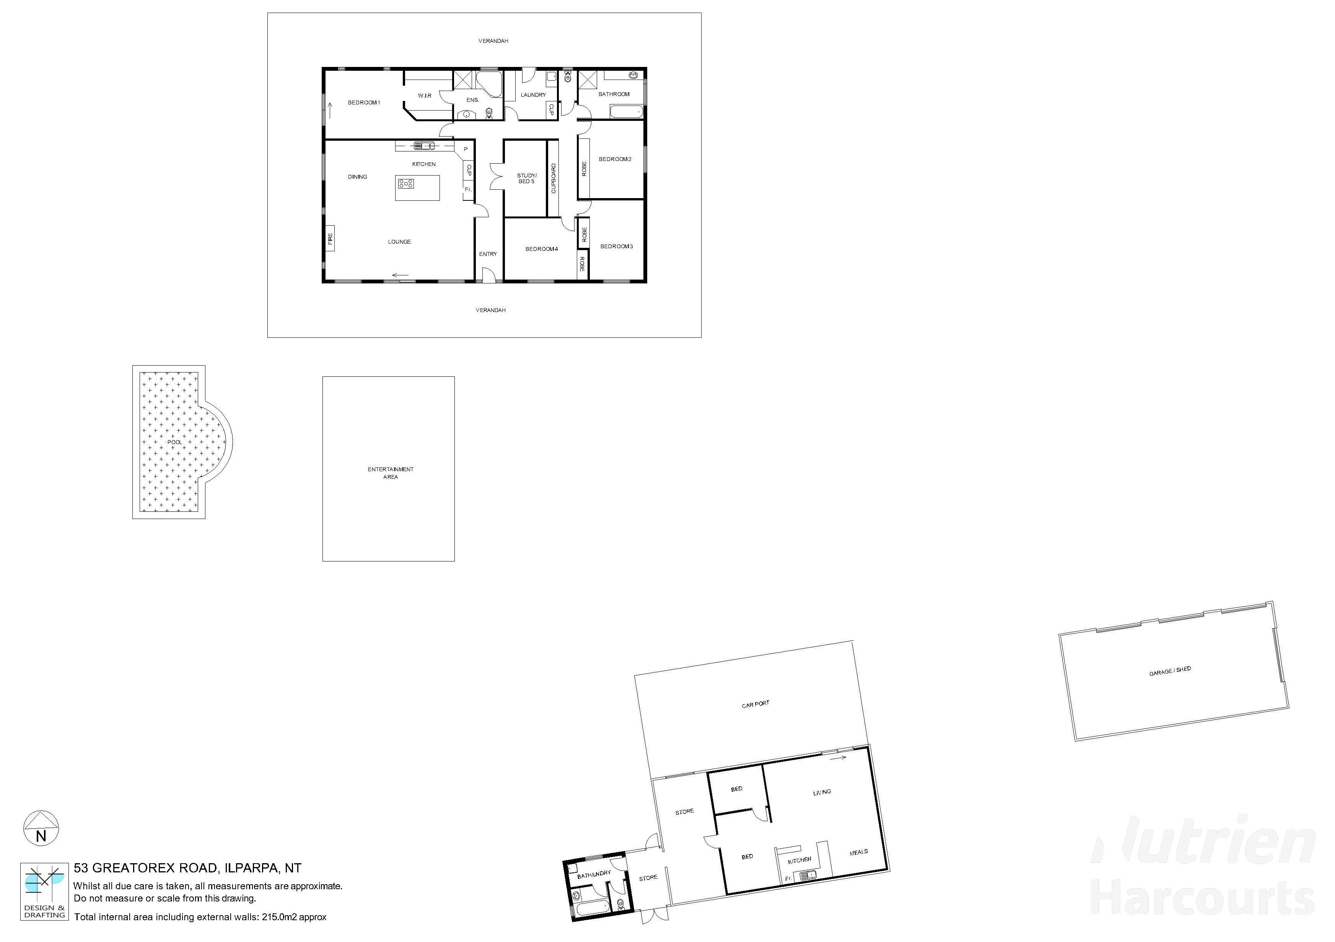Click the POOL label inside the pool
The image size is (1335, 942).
coord(174,443)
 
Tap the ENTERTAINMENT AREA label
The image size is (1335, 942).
coord(391,473)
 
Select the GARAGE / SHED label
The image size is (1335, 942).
coord(1170,671)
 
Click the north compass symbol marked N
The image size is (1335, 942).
coord(41,829)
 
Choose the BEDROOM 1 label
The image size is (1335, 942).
coord(364,103)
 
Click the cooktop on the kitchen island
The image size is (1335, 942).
coord(406,184)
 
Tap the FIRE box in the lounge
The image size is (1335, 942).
coord(330,238)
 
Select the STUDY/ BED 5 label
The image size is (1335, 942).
coord(527,179)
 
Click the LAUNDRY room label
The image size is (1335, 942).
coord(533,95)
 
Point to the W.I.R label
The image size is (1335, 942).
coord(425,95)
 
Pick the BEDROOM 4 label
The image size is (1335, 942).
coord(541,249)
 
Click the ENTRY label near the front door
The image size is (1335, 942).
coord(488,254)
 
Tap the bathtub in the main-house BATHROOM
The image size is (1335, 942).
coord(626,111)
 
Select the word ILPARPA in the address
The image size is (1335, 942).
coord(251,868)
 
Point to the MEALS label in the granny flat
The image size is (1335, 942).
coord(858,853)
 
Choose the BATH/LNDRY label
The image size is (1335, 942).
coord(594,874)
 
